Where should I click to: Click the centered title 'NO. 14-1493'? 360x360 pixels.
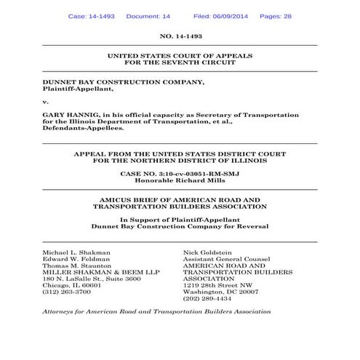[180, 35]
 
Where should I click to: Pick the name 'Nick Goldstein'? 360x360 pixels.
[209, 251]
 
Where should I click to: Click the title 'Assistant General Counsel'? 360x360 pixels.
[226, 258]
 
